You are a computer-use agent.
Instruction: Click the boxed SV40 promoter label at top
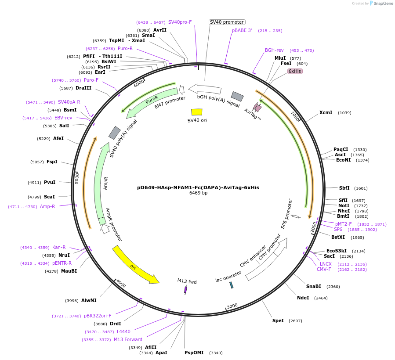227,22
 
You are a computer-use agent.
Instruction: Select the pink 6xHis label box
295,71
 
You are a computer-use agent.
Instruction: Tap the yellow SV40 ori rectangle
197,112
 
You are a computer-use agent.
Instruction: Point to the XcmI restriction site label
326,112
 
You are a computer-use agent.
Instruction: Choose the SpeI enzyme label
278,320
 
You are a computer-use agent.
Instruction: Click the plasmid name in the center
198,187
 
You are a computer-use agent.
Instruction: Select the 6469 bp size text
198,193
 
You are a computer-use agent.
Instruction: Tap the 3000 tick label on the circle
232,306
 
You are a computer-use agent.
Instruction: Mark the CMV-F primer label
324,269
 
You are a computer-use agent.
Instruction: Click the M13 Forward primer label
128,339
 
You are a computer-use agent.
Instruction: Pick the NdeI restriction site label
303,298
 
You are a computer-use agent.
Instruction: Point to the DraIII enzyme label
83,88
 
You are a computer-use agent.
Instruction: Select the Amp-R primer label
47,206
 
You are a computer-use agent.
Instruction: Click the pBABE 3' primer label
242,31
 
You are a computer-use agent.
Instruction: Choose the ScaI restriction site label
49,197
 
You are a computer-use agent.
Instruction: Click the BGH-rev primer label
274,50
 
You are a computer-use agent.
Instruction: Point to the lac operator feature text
228,277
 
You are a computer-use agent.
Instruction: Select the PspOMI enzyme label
194,353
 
